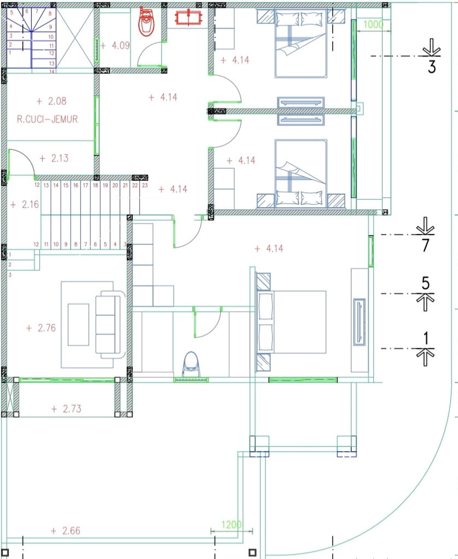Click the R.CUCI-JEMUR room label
[47, 119]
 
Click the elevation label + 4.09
[115, 46]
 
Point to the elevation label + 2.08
[52, 101]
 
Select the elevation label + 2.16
[25, 204]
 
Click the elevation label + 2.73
[66, 409]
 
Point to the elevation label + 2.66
[66, 531]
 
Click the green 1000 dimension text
[373, 24]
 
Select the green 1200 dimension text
[231, 525]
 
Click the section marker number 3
[432, 67]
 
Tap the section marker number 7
[426, 245]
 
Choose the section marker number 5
[426, 283]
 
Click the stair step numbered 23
[145, 185]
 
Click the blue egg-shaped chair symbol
[191, 364]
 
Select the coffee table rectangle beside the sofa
[78, 324]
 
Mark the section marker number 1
[426, 338]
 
